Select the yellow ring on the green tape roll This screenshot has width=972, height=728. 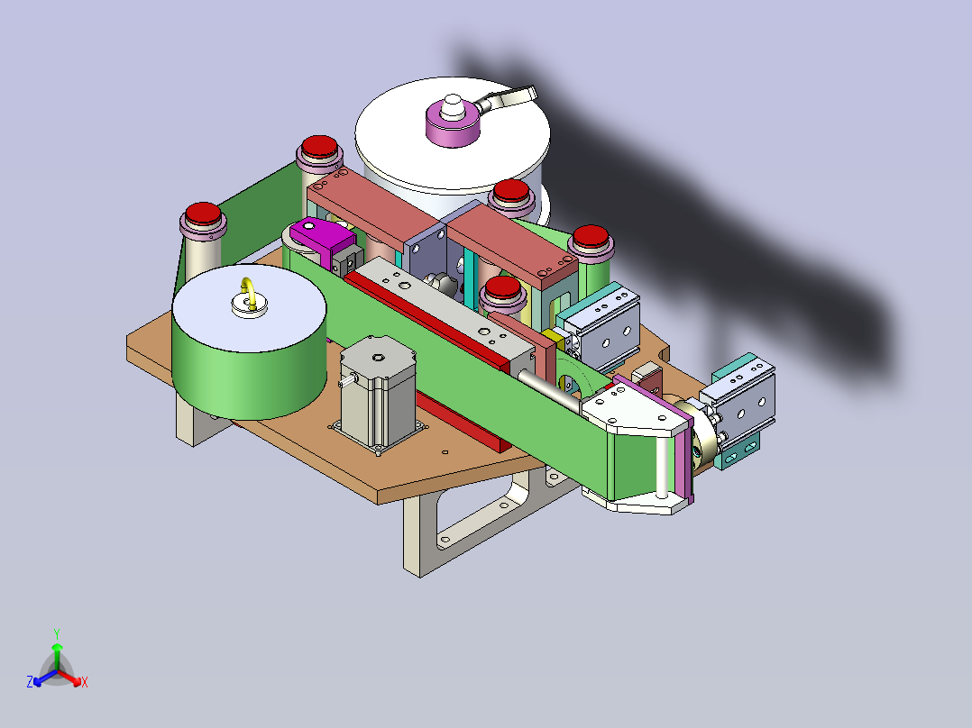coord(247,294)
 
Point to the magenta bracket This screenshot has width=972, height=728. coord(324,240)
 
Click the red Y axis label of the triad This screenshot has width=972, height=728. coord(56,633)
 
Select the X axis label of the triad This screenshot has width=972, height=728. coord(85,683)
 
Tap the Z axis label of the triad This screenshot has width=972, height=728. coord(30,683)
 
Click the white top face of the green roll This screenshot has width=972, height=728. coord(248,306)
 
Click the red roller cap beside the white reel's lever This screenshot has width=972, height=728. coord(511,191)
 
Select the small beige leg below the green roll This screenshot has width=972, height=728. coord(193,423)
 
